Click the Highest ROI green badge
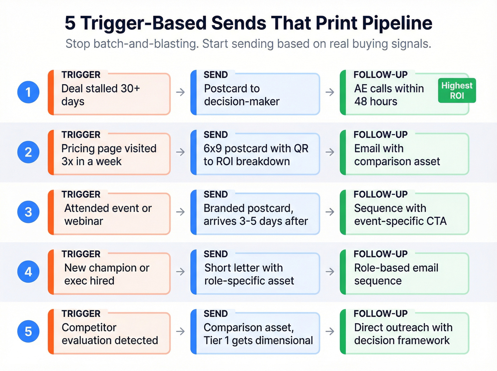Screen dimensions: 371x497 (x=457, y=91)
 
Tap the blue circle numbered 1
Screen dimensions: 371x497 (x=28, y=92)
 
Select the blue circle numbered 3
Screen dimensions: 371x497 (x=28, y=212)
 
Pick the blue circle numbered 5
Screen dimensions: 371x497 (x=28, y=332)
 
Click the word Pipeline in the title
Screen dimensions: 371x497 (x=397, y=23)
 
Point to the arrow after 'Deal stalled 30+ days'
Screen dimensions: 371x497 (x=181, y=92)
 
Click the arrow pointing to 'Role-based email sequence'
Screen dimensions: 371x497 (x=330, y=272)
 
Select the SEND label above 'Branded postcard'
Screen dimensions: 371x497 (x=215, y=195)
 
